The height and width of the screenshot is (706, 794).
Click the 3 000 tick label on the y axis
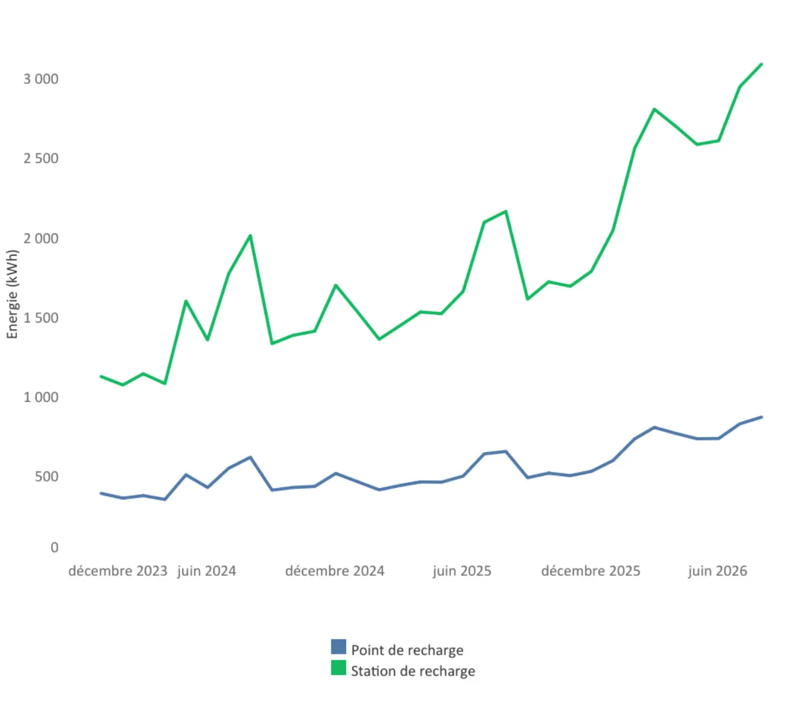pos(41,79)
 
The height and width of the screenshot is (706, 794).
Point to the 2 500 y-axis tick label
pos(41,159)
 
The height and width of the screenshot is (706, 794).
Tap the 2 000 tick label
pos(41,238)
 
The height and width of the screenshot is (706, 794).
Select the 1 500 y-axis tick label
pos(41,318)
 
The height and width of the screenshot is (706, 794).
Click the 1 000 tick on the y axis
pos(41,398)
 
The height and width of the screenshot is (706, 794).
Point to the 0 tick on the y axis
pos(55,548)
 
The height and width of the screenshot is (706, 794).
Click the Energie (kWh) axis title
pos(12,294)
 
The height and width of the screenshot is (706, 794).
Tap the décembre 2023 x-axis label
pos(117,571)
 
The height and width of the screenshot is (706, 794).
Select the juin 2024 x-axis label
pos(206,571)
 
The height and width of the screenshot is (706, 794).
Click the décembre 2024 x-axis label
pos(335,571)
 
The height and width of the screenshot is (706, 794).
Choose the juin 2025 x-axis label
pos(462,571)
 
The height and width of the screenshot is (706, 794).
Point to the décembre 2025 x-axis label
pos(591,571)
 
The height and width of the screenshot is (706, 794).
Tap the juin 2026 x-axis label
pos(718,571)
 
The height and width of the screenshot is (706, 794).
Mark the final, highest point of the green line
pos(761,64)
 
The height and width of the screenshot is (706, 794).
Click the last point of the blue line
pos(762,417)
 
